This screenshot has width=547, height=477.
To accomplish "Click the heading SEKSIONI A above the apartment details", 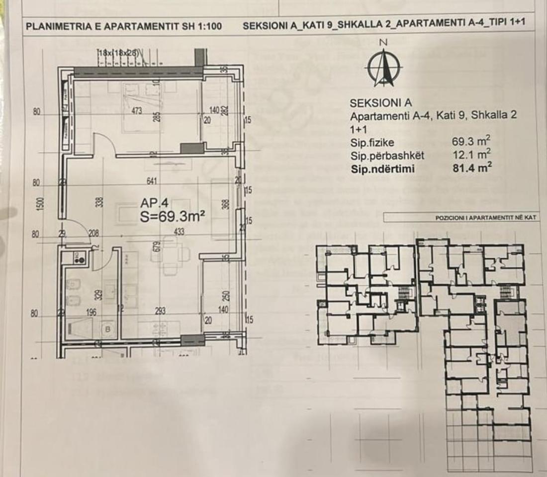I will [x=381, y=103].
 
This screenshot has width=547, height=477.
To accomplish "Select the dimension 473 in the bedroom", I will [x=138, y=111].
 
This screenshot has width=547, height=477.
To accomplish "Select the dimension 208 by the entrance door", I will [x=93, y=233].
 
